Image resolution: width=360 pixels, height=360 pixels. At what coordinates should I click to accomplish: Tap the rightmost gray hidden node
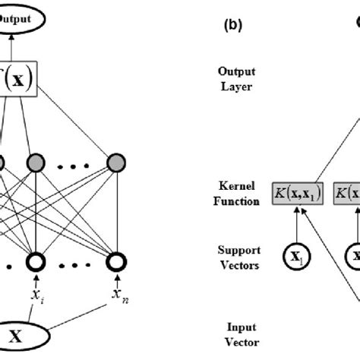[115, 163]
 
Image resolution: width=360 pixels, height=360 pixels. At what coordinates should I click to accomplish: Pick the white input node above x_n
[115, 282]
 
